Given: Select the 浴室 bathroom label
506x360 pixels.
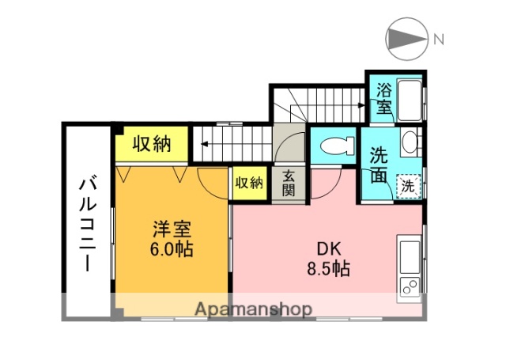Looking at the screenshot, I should pyautogui.click(x=383, y=98).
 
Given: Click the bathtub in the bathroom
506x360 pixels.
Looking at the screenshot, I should pyautogui.click(x=409, y=100).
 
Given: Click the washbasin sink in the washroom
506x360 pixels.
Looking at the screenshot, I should pyautogui.click(x=410, y=143).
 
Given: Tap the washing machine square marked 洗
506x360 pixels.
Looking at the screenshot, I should pyautogui.click(x=407, y=187).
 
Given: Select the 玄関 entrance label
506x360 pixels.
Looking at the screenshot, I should pyautogui.click(x=289, y=184).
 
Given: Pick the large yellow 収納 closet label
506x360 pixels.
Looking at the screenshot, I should pyautogui.click(x=151, y=144).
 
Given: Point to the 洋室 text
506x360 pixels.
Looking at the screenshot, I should pyautogui.click(x=172, y=229).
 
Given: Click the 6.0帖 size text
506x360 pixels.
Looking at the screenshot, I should pyautogui.click(x=172, y=248).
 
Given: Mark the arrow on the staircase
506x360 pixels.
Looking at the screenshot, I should pyautogui.click(x=202, y=145).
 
